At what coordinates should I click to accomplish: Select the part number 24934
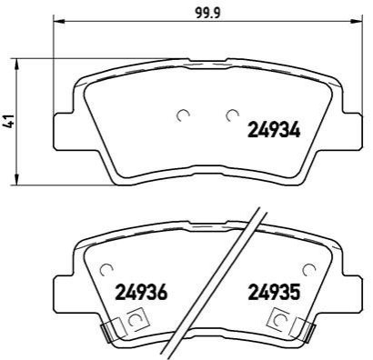pyautogui.click(x=274, y=130)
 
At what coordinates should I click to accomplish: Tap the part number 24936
pyautogui.click(x=141, y=292)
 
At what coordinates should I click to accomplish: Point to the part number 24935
pyautogui.click(x=274, y=292)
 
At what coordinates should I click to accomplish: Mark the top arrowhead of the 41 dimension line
pyautogui.click(x=17, y=65)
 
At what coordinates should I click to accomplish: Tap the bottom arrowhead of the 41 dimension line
pyautogui.click(x=17, y=178)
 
